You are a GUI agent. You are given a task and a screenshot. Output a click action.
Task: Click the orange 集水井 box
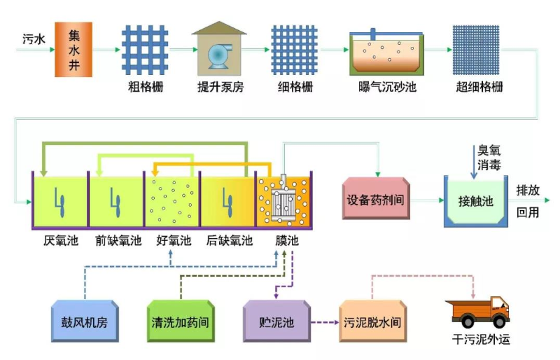tap(73, 49)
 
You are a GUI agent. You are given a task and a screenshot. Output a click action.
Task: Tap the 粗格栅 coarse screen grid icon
tap(145, 50)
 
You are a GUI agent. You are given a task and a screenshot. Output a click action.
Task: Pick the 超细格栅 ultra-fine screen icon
tap(479, 50)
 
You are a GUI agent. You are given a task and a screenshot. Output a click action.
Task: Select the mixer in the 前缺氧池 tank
tap(116, 201)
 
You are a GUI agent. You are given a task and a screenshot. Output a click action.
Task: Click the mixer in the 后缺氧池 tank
tap(227, 201)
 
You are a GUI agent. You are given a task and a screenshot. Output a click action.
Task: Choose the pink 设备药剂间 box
tap(375, 198)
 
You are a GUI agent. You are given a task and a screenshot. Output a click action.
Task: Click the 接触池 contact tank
tap(476, 201)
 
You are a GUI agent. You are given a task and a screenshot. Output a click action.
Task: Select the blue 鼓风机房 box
tap(84, 322)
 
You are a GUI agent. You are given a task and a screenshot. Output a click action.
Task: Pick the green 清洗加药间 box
tap(180, 322)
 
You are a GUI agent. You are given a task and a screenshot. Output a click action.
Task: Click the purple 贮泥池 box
tap(276, 322)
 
